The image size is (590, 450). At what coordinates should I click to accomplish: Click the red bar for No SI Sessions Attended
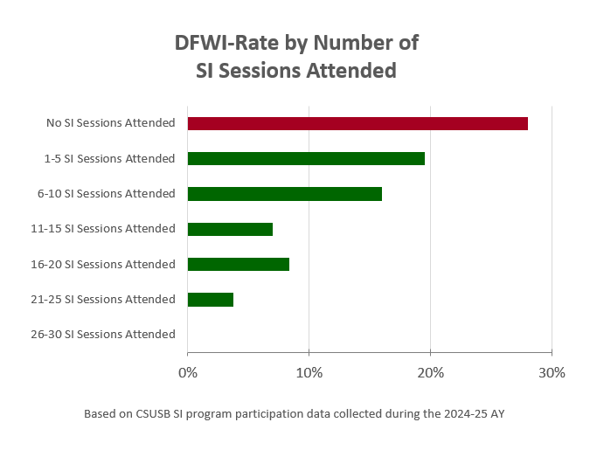pos(357,123)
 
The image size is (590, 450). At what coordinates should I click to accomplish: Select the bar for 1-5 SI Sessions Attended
pos(306,158)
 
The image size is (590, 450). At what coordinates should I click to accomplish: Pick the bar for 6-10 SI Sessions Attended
pos(284,193)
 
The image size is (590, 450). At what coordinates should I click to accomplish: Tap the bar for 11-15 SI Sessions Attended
pos(230,229)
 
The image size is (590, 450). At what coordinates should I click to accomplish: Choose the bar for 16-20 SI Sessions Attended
pos(238,264)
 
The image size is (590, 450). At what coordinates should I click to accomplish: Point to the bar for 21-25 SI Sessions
pos(210,299)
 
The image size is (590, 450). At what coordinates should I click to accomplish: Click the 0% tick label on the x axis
pos(187,373)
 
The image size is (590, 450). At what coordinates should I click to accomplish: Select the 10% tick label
pos(309,373)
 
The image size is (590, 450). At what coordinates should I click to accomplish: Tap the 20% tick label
pos(430,373)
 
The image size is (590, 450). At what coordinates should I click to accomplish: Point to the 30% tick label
pos(552,373)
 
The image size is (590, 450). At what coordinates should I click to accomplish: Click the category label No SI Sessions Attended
pos(111,123)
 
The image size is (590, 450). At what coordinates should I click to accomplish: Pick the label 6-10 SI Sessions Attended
pos(106,193)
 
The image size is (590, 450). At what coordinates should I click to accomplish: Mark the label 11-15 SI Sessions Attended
pos(103,229)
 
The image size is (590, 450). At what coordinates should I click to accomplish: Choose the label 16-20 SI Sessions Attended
pos(103,264)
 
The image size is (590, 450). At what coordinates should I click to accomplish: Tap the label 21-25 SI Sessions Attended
pos(103,299)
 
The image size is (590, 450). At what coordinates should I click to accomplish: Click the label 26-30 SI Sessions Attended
pos(103,334)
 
